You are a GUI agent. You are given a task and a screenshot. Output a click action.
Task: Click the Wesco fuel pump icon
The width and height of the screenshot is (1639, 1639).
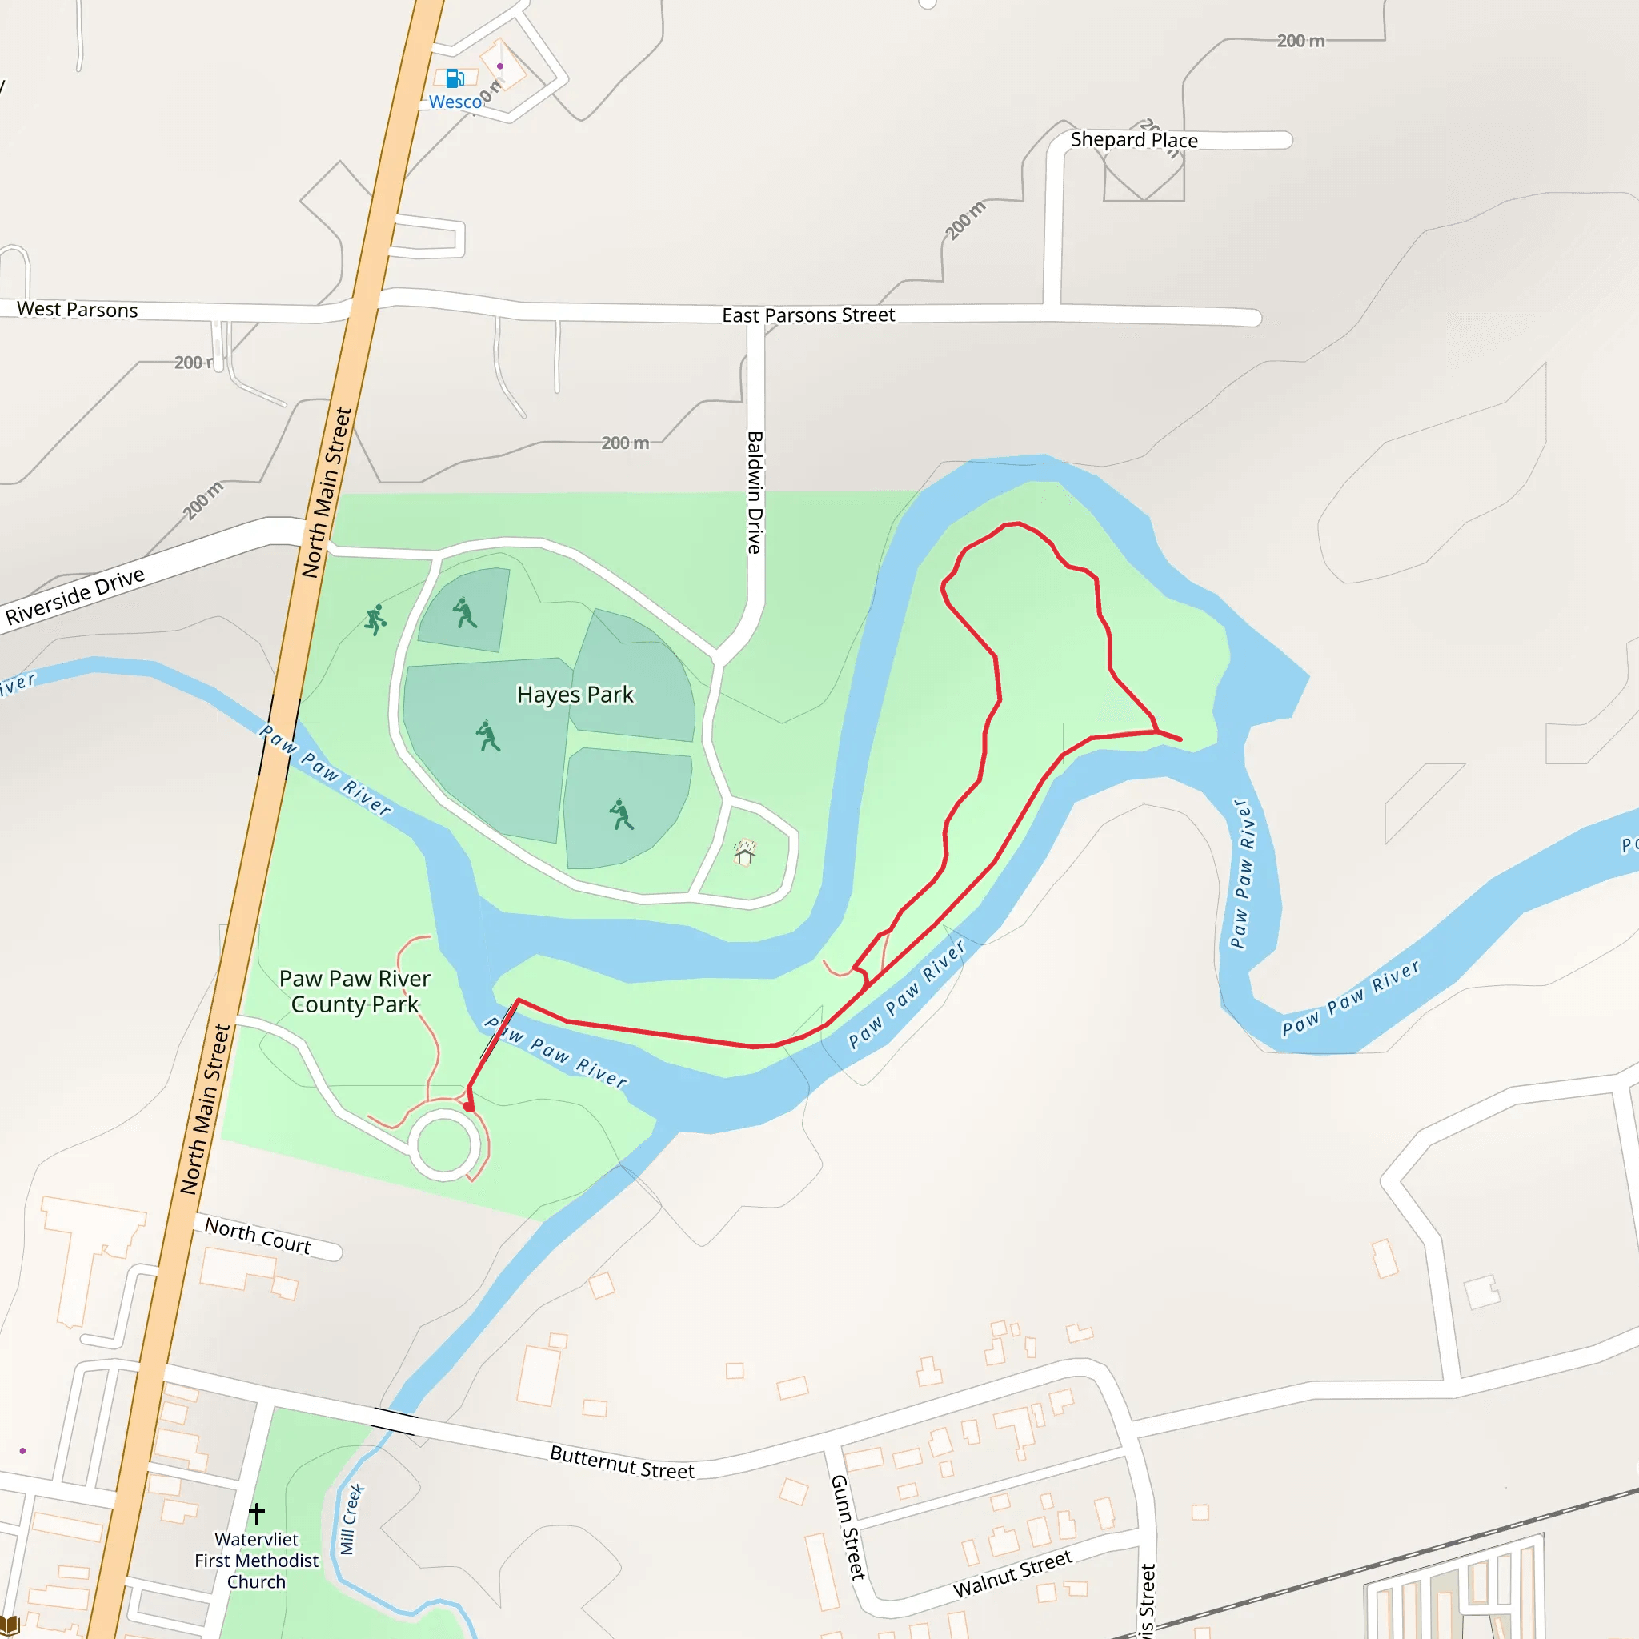(455, 79)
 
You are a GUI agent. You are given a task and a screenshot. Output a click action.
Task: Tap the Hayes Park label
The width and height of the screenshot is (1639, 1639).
(575, 695)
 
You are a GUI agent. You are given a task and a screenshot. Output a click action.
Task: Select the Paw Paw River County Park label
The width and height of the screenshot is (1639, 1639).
(355, 991)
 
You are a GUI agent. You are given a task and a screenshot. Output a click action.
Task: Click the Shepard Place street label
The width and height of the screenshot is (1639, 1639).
(1133, 140)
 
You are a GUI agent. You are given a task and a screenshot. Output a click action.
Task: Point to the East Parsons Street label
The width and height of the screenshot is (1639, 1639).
(807, 315)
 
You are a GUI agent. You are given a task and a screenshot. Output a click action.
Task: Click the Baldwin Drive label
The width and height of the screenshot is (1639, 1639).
(754, 492)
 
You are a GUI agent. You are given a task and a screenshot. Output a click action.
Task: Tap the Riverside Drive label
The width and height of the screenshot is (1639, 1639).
(74, 596)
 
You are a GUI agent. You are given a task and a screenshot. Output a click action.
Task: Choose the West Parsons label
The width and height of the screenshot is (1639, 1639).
(77, 310)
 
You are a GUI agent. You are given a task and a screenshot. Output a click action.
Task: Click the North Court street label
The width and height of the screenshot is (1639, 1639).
(257, 1236)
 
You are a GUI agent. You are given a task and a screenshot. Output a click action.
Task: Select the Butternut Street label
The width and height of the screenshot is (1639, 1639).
(622, 1461)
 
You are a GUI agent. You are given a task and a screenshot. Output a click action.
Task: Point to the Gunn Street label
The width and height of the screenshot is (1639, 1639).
(847, 1527)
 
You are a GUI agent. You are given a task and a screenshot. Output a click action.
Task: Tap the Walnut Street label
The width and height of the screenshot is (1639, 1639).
(1012, 1573)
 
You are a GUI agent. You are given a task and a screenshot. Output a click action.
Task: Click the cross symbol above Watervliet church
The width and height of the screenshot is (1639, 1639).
(256, 1513)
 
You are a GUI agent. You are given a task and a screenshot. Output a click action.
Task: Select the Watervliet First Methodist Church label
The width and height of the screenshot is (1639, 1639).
(256, 1560)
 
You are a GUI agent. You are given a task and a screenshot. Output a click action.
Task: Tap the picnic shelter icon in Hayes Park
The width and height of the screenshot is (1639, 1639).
(745, 852)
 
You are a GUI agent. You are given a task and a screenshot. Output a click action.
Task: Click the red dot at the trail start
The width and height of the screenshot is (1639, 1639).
(469, 1106)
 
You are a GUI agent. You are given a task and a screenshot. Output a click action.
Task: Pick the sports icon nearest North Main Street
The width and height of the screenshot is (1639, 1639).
(375, 619)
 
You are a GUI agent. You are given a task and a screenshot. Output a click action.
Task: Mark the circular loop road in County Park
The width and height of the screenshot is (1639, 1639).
(443, 1145)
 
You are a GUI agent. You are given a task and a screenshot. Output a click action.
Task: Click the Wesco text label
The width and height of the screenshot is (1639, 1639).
(455, 102)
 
